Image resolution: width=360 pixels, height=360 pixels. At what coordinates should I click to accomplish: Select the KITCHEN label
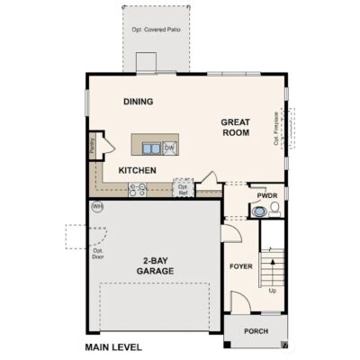coord(139,170)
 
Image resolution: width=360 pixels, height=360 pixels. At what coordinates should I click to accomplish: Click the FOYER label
coord(240,267)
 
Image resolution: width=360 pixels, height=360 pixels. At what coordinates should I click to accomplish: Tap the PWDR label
coord(267,194)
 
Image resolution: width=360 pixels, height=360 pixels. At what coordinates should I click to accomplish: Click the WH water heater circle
coord(97,207)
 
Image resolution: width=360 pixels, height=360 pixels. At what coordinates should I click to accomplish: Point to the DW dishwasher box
coord(168,147)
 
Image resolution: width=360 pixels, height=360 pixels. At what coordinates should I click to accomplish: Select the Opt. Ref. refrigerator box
coord(183,189)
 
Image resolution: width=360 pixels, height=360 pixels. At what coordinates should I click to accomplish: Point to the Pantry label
coord(93,145)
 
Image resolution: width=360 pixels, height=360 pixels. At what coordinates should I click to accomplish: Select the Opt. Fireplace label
coord(277,126)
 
